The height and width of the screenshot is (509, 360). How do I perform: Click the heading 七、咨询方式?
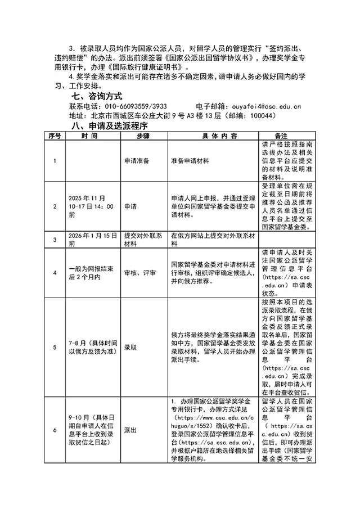[x=94, y=96]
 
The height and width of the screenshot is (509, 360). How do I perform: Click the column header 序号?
[x=55, y=136]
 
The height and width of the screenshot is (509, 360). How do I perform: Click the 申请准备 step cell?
[x=137, y=160]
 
